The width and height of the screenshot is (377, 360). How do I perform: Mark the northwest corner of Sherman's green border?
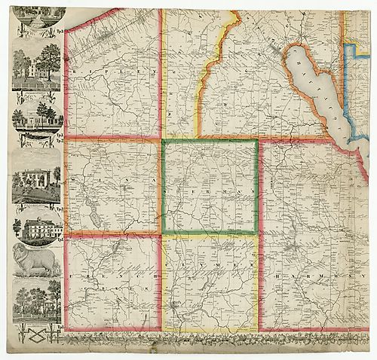click(x=163, y=141)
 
